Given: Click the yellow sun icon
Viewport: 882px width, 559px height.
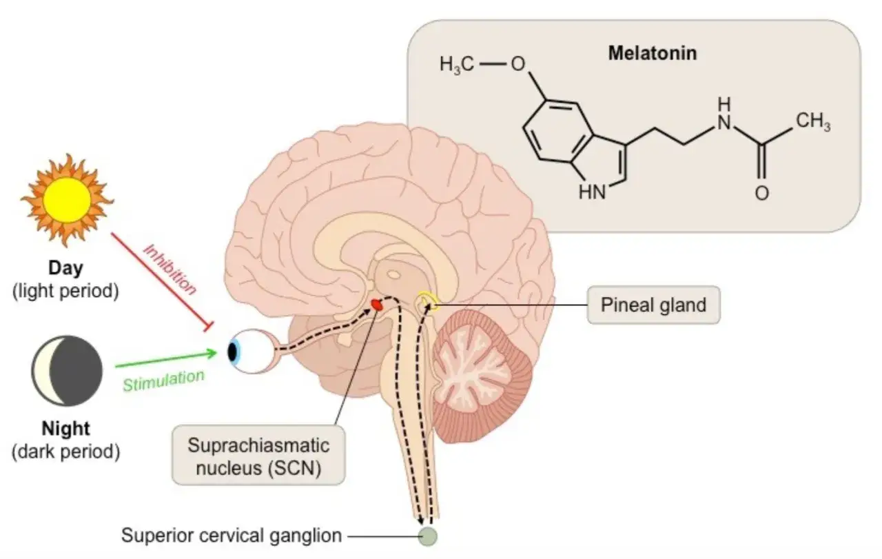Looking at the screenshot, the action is coord(68,200).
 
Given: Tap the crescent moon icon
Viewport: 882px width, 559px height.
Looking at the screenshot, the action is coord(67,371).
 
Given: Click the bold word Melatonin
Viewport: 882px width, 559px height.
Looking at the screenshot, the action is coord(653,53).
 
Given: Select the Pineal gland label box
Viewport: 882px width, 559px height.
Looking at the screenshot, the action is coord(654,305).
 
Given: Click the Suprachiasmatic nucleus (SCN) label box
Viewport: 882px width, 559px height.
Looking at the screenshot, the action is coord(258,456).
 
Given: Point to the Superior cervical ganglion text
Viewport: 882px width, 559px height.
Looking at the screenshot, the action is coord(232,536).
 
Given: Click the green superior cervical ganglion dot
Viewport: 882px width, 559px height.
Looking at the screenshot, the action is coord(428,536).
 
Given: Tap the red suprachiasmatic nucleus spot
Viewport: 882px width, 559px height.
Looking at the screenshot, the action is coord(377,305).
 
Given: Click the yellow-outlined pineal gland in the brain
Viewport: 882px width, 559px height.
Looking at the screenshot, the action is coord(427,302).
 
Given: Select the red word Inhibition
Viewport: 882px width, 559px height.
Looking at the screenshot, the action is coord(170,270).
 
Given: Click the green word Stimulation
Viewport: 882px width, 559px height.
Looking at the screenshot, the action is coord(163,381).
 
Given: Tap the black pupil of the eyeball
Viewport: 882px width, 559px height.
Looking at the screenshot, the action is coord(233,351).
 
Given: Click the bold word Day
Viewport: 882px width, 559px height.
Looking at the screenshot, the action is coord(65,268).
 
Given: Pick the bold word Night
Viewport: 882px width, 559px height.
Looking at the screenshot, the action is coord(65,429).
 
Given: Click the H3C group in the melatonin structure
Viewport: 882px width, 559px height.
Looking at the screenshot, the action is coord(457,64).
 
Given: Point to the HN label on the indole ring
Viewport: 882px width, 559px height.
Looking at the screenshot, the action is coord(592,192).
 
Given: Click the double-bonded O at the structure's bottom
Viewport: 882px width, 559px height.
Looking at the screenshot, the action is coord(762,193).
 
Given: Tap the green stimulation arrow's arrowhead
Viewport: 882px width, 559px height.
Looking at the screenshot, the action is coord(212,353).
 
